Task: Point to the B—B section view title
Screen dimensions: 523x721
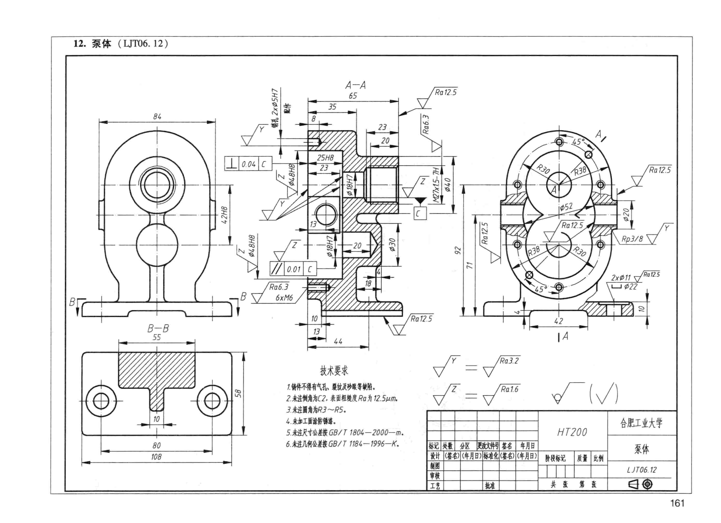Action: pyautogui.click(x=158, y=328)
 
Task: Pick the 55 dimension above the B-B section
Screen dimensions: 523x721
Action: pyautogui.click(x=157, y=337)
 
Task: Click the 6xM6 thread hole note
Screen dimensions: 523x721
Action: pyautogui.click(x=284, y=298)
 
